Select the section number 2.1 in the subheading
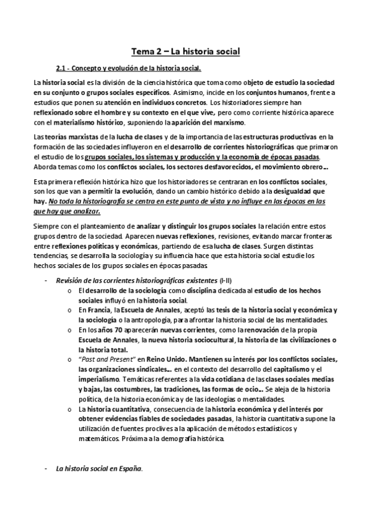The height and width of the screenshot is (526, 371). tap(64, 68)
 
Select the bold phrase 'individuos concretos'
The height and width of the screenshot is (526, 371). tap(175, 102)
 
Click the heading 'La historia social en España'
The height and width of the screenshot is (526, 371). tap(98, 469)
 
